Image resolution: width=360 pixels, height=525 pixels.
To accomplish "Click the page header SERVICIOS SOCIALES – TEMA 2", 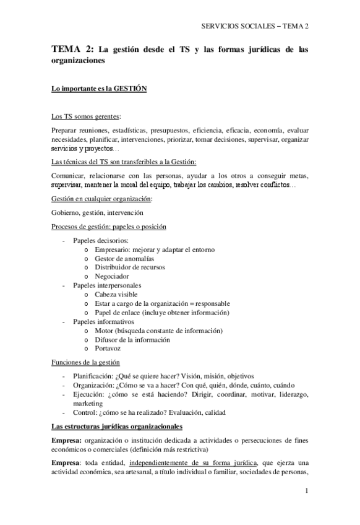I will [255, 25].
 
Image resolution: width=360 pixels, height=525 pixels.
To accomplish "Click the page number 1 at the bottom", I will [306, 491].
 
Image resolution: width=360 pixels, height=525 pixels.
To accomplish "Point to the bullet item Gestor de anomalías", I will [124, 258].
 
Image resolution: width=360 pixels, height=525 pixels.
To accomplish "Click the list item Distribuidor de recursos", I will [130, 267].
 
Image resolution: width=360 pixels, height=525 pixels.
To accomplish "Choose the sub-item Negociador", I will [112, 276].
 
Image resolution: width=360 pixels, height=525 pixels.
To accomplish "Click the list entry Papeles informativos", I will [103, 322].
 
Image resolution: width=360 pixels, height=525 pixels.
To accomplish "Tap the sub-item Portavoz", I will [109, 349].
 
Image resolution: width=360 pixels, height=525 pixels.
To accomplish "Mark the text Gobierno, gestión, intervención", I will [92, 212].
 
